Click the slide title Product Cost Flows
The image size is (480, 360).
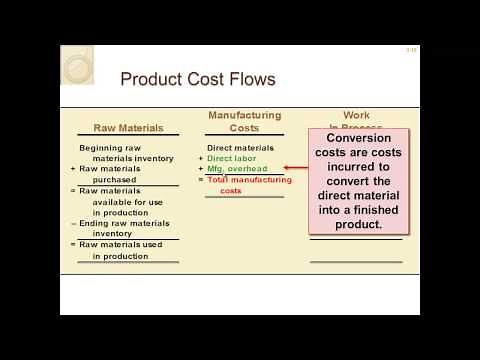point(197,79)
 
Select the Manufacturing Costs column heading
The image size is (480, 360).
point(244,121)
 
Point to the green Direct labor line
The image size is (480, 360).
point(235,158)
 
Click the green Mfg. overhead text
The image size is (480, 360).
point(238,169)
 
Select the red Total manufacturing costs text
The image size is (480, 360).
point(249,180)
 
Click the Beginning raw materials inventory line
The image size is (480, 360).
point(125,153)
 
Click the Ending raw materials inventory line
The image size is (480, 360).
point(124,228)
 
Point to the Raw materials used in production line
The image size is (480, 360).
point(124,250)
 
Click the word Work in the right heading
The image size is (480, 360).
point(356,116)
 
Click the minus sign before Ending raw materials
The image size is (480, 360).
point(73,223)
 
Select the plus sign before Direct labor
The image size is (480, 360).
point(200,158)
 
